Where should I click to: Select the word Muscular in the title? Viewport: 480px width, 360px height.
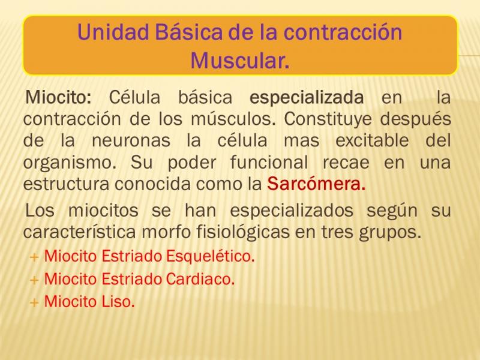(239, 61)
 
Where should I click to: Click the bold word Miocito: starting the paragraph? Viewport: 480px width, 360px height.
(58, 97)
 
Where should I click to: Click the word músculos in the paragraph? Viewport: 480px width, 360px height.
(233, 119)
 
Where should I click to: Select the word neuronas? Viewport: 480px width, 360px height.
(131, 141)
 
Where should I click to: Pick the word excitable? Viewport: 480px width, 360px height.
(372, 140)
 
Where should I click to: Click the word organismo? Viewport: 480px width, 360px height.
(70, 163)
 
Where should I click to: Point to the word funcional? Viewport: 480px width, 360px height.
(269, 162)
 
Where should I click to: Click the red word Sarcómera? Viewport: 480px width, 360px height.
(316, 184)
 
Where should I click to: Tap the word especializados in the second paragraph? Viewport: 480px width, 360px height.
(292, 211)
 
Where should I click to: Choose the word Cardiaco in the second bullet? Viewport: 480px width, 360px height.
(200, 279)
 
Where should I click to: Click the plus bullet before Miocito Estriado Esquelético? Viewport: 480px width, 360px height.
(34, 257)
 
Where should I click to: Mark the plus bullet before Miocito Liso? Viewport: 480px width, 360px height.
(34, 302)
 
